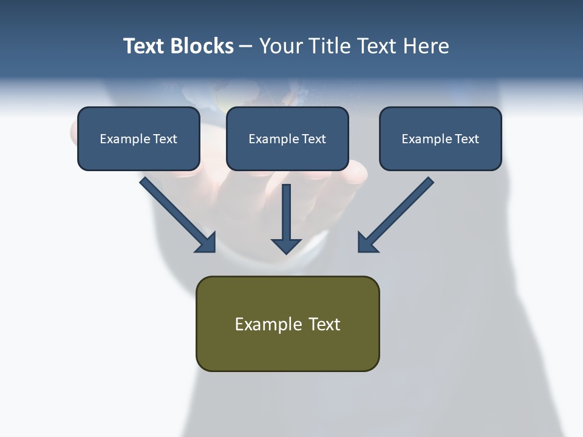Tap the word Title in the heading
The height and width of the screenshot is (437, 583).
[329, 46]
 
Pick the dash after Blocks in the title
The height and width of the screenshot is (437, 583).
[246, 47]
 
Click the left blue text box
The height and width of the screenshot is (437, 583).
[138, 152]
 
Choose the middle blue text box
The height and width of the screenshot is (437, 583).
[287, 152]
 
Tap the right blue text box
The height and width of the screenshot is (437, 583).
[440, 152]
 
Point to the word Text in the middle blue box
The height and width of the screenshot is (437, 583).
[313, 139]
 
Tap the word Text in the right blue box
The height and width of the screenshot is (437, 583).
[466, 139]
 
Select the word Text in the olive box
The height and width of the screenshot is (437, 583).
[324, 324]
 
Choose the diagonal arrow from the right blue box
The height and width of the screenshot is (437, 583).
[395, 215]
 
